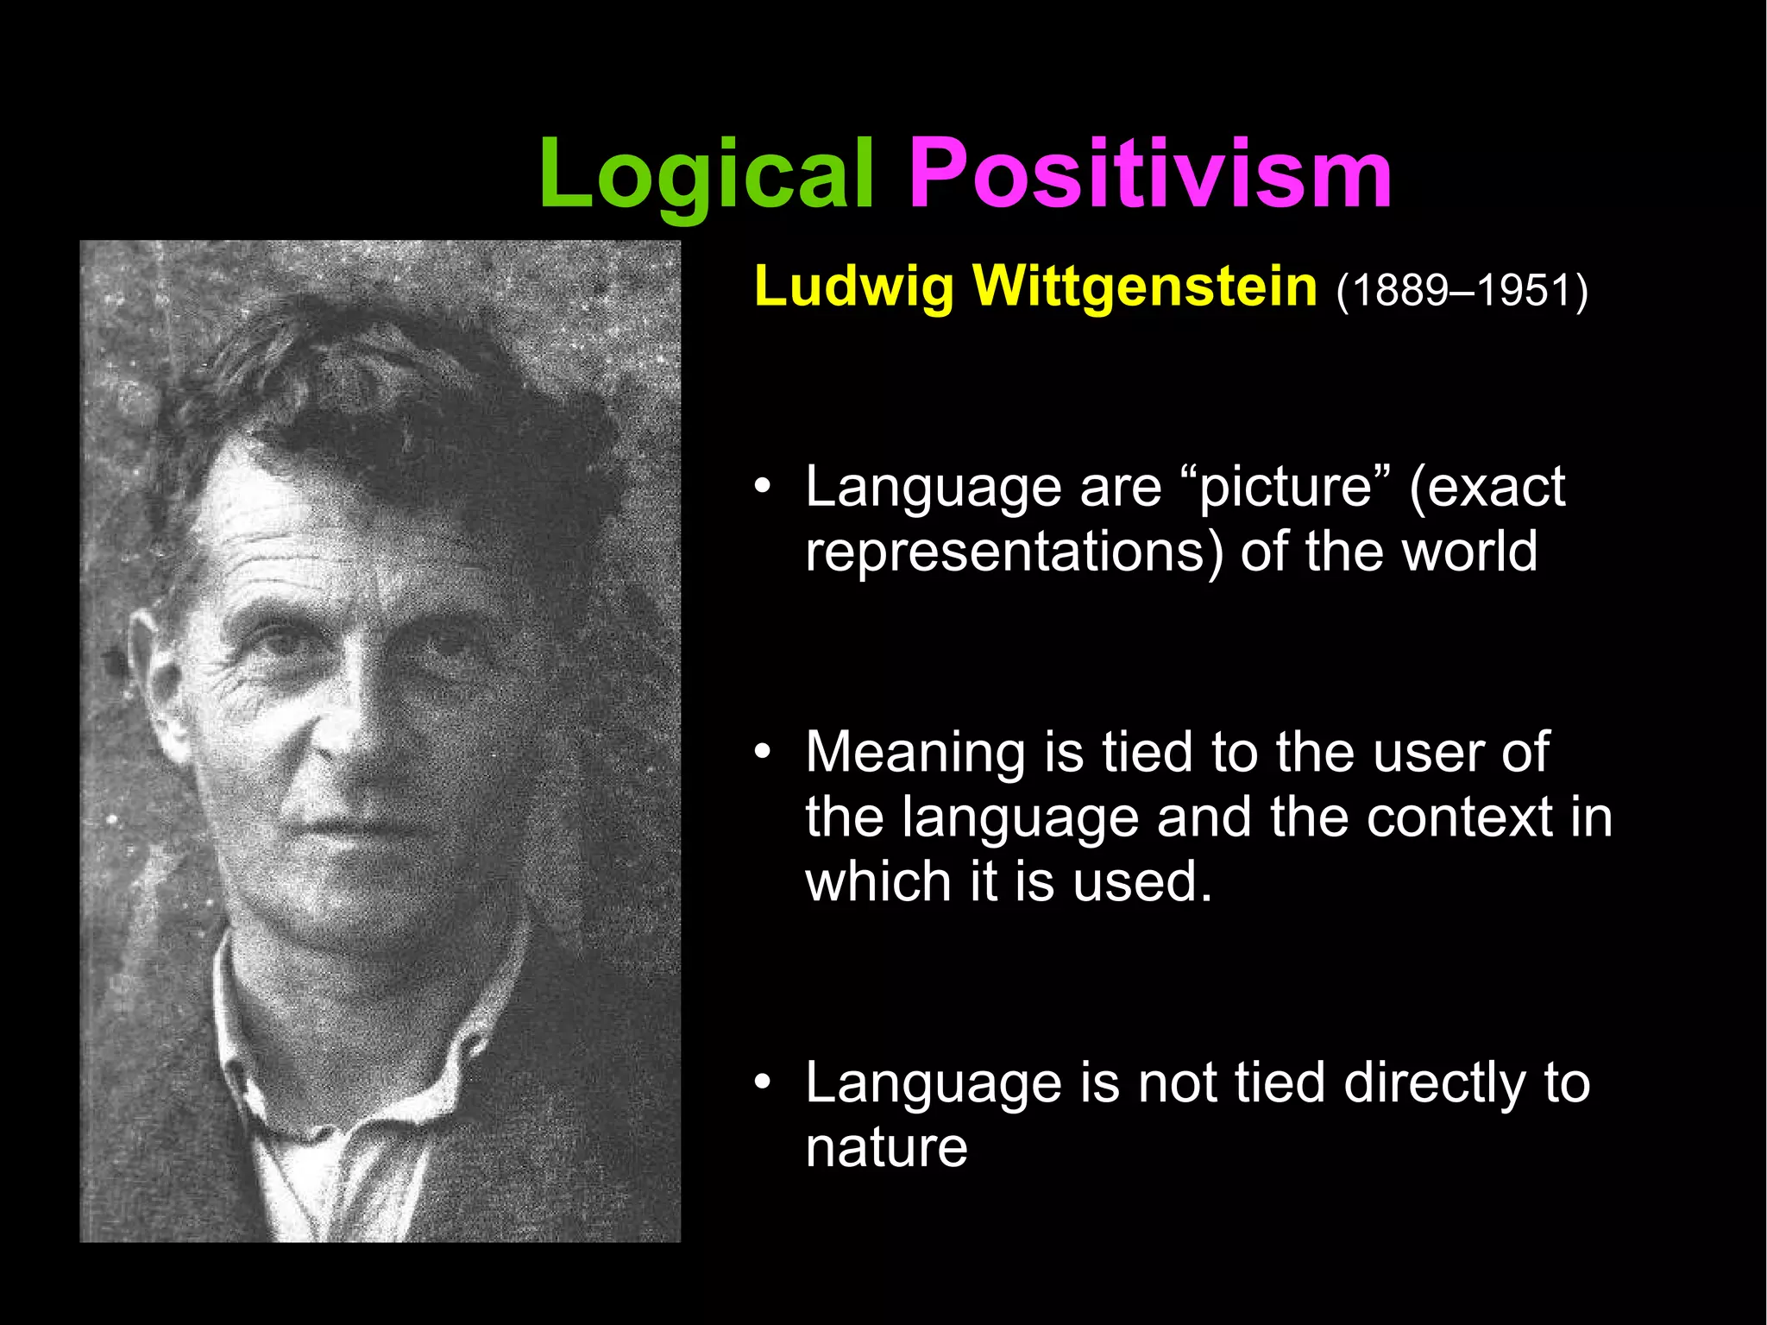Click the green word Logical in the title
(x=706, y=175)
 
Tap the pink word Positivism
(x=1149, y=175)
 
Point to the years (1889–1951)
(x=1462, y=290)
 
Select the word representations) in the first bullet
(x=1014, y=552)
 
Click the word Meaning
(x=915, y=753)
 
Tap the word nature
(x=886, y=1149)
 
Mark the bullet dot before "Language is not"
(x=761, y=1084)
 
